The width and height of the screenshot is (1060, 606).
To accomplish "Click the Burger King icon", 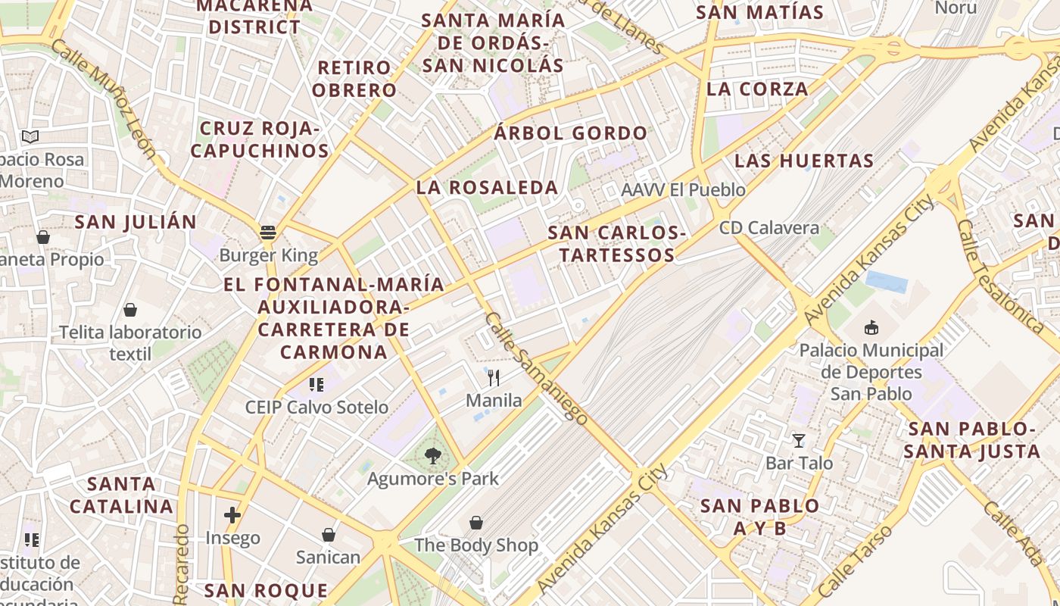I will click(x=267, y=232).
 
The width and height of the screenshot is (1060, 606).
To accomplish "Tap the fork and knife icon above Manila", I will click(x=494, y=376).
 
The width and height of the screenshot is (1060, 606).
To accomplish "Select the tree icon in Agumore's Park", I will click(x=432, y=456).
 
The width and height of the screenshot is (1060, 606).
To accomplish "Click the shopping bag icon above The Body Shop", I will click(x=476, y=523).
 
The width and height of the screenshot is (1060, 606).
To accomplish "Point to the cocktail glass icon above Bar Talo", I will click(x=799, y=440).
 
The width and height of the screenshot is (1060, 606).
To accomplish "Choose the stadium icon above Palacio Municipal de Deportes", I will click(x=871, y=328).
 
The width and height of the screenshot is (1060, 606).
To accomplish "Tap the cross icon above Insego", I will click(x=232, y=516).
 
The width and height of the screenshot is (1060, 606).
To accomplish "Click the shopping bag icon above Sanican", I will click(x=328, y=535).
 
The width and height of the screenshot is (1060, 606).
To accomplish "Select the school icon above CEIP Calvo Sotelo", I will click(x=316, y=385).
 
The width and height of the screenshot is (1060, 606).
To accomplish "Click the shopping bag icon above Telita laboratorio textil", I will click(x=130, y=310).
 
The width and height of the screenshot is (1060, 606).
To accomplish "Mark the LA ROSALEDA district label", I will click(x=487, y=188).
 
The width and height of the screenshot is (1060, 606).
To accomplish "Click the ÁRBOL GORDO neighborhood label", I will click(x=571, y=134).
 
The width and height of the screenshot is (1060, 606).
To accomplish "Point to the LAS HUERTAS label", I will click(x=804, y=161).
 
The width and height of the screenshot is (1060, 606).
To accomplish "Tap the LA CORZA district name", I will click(x=757, y=89).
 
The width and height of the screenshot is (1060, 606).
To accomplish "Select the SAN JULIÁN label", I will click(x=136, y=223).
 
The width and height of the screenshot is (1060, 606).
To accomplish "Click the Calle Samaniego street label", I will click(x=536, y=367).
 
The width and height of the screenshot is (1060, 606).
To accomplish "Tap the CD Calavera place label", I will click(x=769, y=228).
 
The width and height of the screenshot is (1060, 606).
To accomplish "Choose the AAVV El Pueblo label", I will click(x=683, y=190).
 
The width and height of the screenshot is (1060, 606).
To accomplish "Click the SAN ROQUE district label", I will click(x=267, y=591).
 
